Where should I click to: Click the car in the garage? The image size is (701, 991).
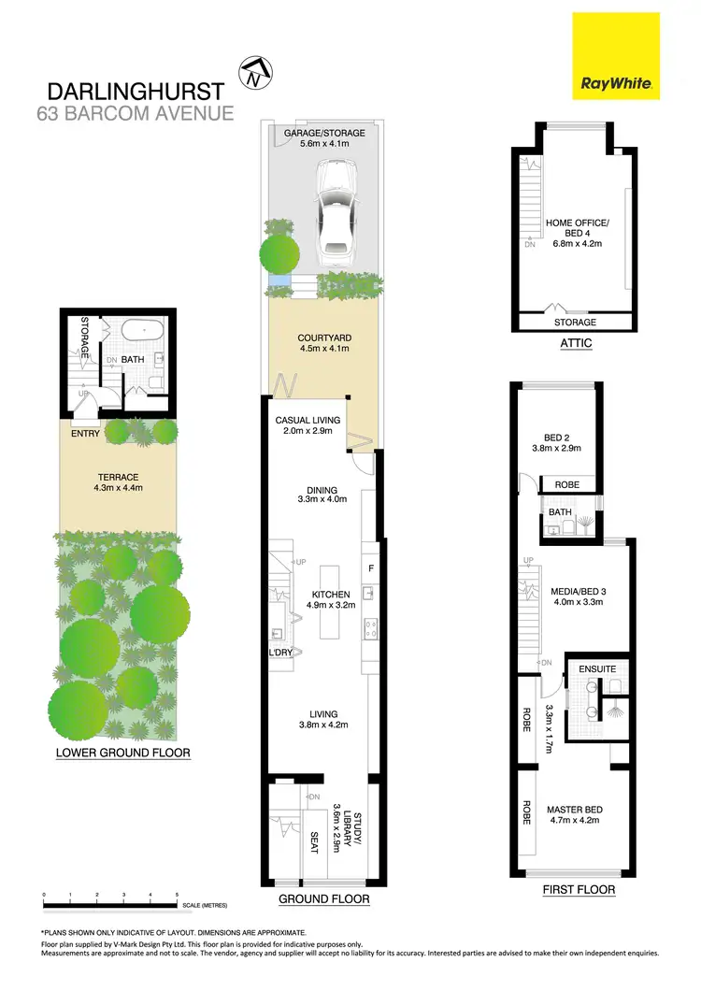[333, 210]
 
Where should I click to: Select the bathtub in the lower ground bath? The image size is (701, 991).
[143, 331]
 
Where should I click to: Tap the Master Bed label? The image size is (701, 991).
[575, 814]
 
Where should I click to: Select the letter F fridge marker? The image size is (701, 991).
[371, 567]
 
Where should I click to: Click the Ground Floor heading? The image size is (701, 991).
[324, 899]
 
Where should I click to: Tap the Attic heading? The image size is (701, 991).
[576, 343]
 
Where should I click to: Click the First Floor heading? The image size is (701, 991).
[579, 889]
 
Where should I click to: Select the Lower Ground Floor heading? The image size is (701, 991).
[123, 752]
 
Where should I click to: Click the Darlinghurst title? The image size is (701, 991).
[136, 92]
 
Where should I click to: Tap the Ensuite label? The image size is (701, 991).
[597, 669]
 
